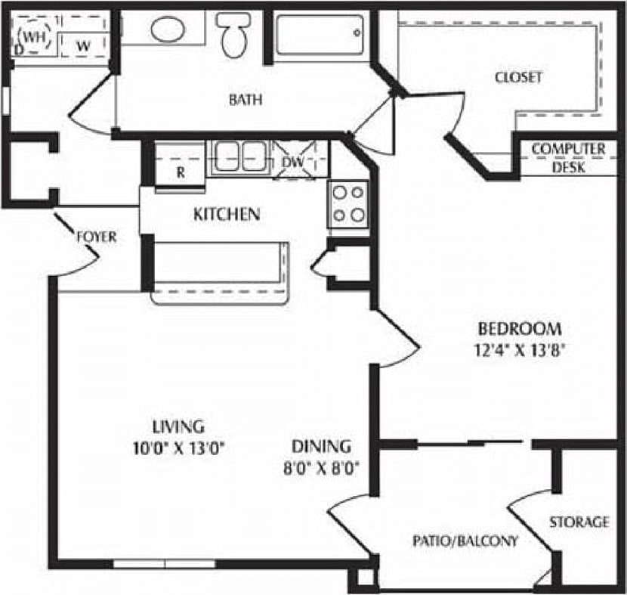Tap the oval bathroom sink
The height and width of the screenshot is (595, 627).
pyautogui.click(x=168, y=29)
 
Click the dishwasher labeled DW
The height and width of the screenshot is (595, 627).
pyautogui.click(x=295, y=161)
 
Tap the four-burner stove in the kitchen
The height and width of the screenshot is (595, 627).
pyautogui.click(x=348, y=204)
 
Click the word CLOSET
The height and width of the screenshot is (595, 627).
pyautogui.click(x=519, y=77)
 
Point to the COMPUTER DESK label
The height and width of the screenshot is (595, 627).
pyautogui.click(x=568, y=158)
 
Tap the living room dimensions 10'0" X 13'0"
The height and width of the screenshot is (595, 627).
pyautogui.click(x=178, y=447)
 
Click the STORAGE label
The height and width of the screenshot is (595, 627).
pyautogui.click(x=579, y=522)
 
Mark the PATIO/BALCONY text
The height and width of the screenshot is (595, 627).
pyautogui.click(x=465, y=541)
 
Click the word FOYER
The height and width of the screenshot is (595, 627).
pyautogui.click(x=97, y=237)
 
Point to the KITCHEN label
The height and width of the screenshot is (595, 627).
pyautogui.click(x=227, y=215)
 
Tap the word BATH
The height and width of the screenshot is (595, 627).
pyautogui.click(x=246, y=99)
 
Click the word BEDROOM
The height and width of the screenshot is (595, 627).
pyautogui.click(x=520, y=329)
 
